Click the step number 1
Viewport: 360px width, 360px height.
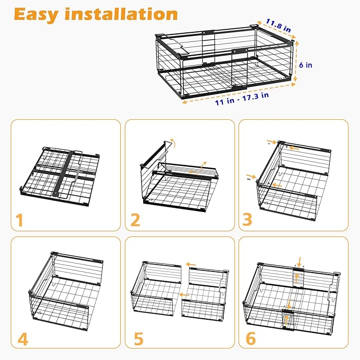(20, 219)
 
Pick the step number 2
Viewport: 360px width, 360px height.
(135, 219)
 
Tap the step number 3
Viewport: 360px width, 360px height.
(248, 219)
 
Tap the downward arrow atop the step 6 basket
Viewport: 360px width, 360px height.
(300, 260)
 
